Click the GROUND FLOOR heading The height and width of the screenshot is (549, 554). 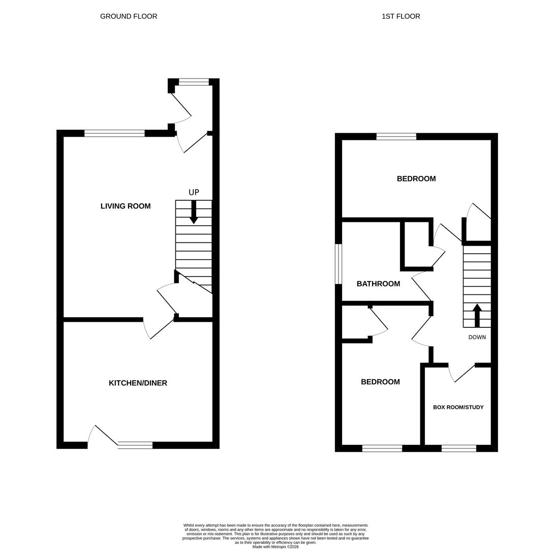[x=129, y=16]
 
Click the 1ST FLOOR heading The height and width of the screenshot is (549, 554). [x=401, y=16]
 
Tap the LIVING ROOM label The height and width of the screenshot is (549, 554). [x=126, y=206]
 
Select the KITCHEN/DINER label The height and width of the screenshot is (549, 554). [x=138, y=383]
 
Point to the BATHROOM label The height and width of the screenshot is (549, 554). [x=378, y=284]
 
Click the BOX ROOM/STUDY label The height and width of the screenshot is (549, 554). [x=458, y=407]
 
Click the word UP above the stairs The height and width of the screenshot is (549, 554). [x=194, y=193]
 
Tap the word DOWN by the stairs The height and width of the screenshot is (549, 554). [x=477, y=337]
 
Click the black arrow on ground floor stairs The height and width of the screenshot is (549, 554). [x=194, y=212]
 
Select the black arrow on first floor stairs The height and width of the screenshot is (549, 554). [x=477, y=315]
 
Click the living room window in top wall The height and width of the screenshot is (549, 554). [x=114, y=133]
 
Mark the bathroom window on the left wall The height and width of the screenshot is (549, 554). [x=338, y=264]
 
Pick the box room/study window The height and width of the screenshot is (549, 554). [x=458, y=448]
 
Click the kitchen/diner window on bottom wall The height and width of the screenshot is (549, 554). [x=135, y=445]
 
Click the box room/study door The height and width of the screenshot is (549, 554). [x=463, y=374]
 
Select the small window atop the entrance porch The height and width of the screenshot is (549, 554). [x=194, y=82]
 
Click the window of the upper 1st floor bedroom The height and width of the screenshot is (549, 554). [x=396, y=136]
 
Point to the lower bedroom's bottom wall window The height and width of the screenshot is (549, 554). [x=382, y=448]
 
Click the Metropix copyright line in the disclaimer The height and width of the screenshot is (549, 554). [x=275, y=546]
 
